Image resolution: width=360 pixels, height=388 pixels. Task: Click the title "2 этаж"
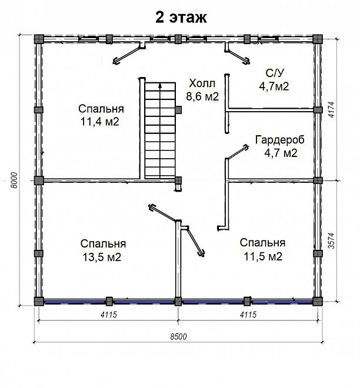pyautogui.click(x=181, y=18)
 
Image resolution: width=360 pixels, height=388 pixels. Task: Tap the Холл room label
pyautogui.click(x=202, y=83)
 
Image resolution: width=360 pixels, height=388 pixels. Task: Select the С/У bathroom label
pyautogui.click(x=275, y=73)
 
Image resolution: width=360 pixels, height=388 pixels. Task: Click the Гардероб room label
pyautogui.click(x=280, y=140)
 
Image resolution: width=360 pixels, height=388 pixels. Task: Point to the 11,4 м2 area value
pyautogui.click(x=100, y=122)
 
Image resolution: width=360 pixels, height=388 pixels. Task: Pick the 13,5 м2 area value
pyautogui.click(x=102, y=257)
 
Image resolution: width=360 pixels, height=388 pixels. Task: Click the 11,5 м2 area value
pyautogui.click(x=263, y=256)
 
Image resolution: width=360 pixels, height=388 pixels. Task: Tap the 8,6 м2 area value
pyautogui.click(x=202, y=96)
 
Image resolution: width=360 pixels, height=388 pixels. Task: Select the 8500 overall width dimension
pyautogui.click(x=178, y=336)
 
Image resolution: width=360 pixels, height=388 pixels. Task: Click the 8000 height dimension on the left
pyautogui.click(x=14, y=180)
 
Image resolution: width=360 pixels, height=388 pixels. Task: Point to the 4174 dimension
pyautogui.click(x=331, y=109)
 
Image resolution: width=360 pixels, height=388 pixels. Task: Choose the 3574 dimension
pyautogui.click(x=331, y=240)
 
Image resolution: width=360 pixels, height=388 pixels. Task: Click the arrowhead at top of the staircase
pyautogui.click(x=160, y=85)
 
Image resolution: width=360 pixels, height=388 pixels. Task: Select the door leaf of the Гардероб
pyautogui.click(x=238, y=151)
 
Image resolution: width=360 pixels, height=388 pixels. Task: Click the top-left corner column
pyautogui.click(x=39, y=39)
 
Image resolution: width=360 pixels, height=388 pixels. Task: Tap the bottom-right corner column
pyautogui.click(x=318, y=302)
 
